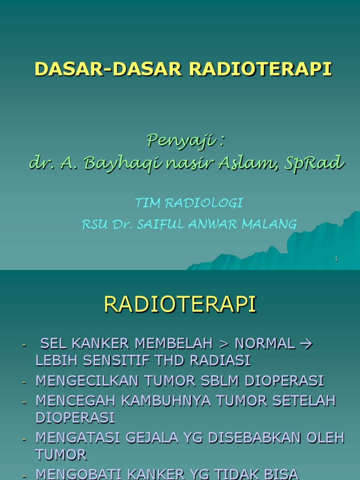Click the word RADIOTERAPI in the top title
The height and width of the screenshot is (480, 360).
pos(261,68)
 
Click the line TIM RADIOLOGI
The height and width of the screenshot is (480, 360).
pos(189,203)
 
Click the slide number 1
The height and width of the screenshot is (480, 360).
pos(337,259)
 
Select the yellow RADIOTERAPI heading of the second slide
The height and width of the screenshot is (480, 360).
pos(180,304)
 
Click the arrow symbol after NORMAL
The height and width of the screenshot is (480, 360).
pos(305,344)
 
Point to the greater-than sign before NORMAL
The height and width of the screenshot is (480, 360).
pos(223,344)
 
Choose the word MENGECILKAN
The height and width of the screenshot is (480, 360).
pos(85,381)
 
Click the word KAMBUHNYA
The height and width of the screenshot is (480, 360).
pos(160,401)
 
